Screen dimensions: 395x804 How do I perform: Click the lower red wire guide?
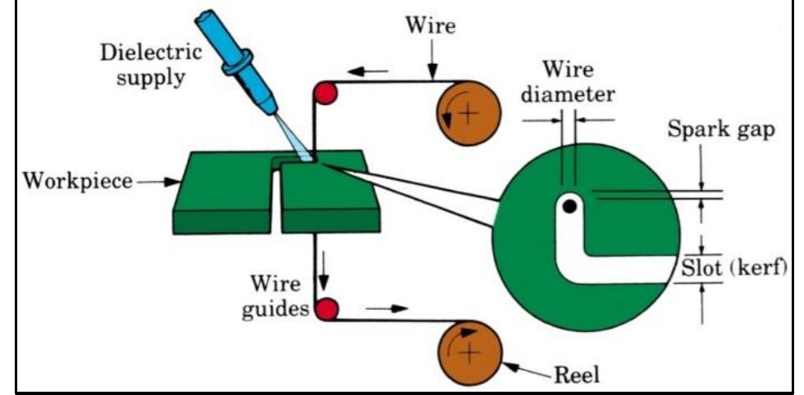327,309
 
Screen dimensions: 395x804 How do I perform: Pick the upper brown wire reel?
466,114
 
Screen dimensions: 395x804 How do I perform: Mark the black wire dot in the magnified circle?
567,207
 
